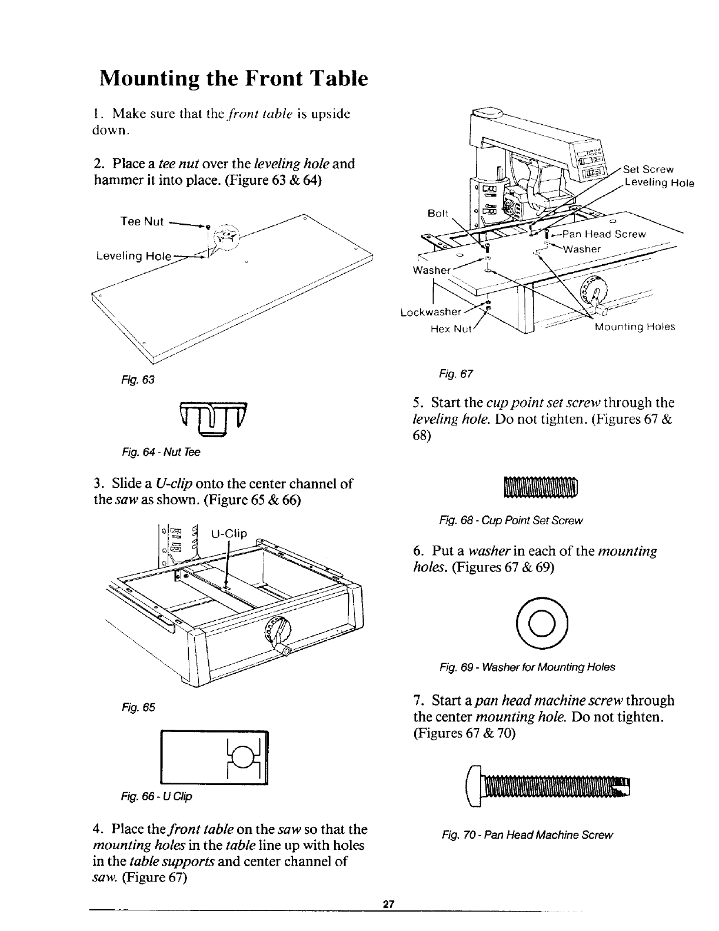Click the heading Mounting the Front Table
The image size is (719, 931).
click(x=234, y=78)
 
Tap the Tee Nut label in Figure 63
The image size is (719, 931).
click(x=141, y=222)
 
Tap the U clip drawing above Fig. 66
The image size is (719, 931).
click(x=214, y=757)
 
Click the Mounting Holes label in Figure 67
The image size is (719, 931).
click(x=634, y=327)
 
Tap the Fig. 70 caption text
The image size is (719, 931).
click(x=527, y=835)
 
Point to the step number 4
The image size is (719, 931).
click(x=96, y=830)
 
